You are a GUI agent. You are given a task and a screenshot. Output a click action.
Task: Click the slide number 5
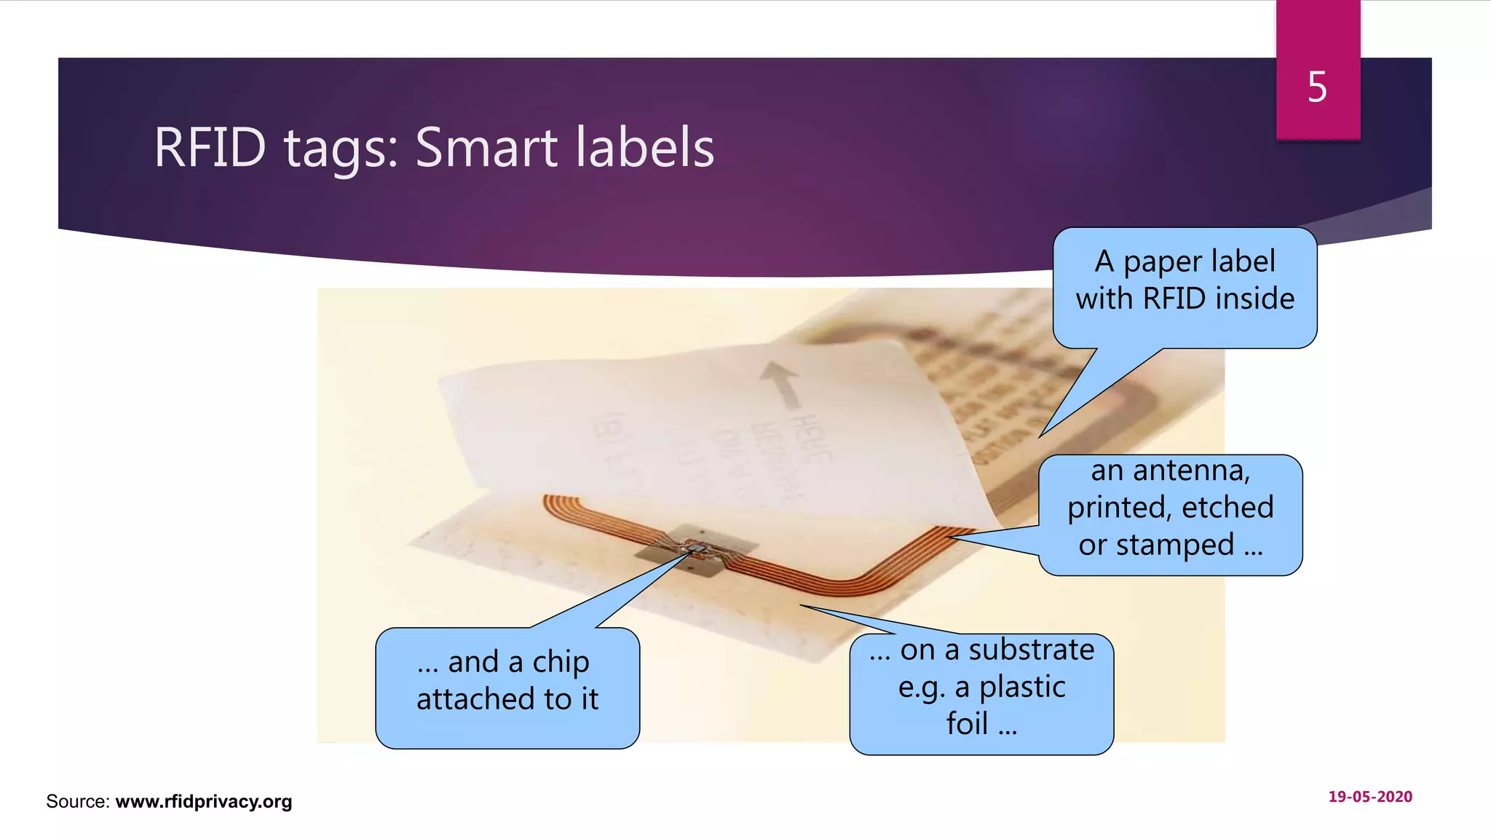point(1317,87)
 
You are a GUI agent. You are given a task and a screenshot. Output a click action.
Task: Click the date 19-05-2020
point(1370,797)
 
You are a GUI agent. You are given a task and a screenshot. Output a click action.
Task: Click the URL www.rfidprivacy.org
point(204,801)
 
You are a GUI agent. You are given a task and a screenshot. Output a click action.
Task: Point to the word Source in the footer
point(76,801)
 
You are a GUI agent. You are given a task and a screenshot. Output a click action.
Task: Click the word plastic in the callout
point(1022,687)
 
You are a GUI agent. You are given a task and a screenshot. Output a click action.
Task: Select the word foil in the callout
point(967,724)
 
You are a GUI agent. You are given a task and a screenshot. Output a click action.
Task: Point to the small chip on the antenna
point(695,548)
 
